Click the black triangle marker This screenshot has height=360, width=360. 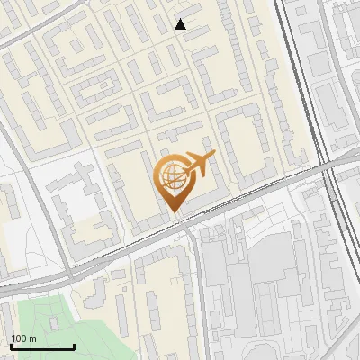click(181, 24)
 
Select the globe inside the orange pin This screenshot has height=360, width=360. click(172, 176)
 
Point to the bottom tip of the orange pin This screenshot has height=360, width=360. click(175, 213)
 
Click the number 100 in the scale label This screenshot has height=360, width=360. click(19, 338)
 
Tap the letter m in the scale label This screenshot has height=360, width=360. click(32, 338)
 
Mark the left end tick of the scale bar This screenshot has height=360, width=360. click(11, 346)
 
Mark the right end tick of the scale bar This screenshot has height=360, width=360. click(74, 346)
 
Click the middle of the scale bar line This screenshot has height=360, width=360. click(42, 347)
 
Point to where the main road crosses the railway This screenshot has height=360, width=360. click(328, 162)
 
